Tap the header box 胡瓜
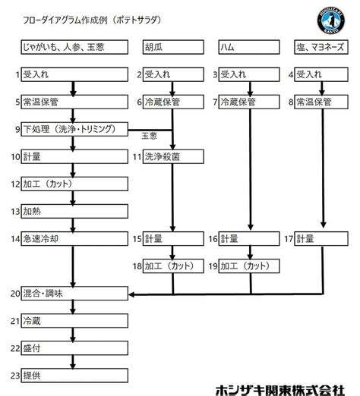point(172,48)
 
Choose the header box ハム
point(247,48)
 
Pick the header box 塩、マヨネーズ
point(324,48)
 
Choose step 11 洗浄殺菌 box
point(172,157)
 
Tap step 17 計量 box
point(324,239)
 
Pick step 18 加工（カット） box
point(172,266)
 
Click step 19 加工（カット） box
point(247,266)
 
